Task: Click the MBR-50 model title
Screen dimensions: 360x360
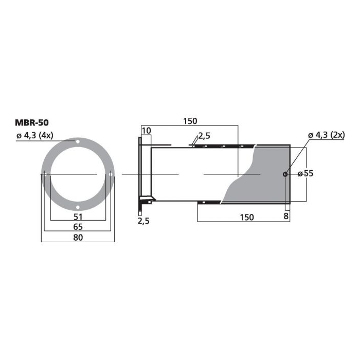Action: pos(32,122)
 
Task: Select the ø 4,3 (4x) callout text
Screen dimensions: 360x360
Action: pos(34,135)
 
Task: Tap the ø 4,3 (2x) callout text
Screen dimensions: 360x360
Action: pos(326,135)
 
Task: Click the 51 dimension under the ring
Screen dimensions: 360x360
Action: pos(78,217)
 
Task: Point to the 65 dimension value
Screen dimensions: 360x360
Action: pos(78,227)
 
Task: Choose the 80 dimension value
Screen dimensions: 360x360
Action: pos(78,238)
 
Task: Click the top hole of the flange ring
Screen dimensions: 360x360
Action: pos(78,141)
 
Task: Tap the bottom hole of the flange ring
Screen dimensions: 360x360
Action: pos(78,207)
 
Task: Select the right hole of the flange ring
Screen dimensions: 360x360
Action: pos(111,174)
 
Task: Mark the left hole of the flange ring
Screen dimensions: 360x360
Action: pos(45,174)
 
